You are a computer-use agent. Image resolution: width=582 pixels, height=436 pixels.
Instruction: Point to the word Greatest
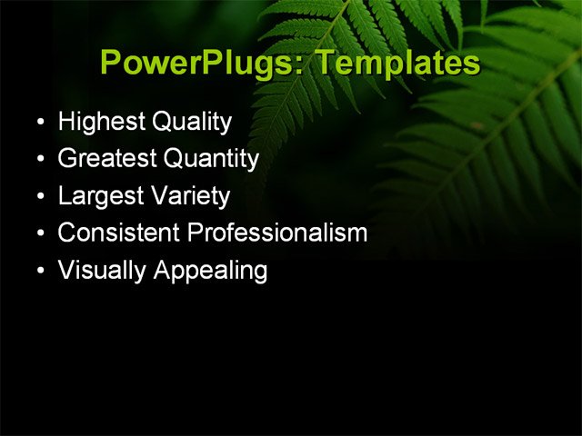click(105, 159)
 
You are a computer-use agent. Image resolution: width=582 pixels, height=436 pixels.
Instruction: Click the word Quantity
click(211, 159)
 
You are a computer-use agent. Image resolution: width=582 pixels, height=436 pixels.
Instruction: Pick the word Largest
click(96, 196)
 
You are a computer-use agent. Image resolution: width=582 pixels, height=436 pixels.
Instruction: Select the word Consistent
click(118, 233)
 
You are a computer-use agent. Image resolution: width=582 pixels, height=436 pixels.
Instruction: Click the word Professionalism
click(277, 233)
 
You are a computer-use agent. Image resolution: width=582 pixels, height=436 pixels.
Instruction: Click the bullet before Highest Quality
click(39, 123)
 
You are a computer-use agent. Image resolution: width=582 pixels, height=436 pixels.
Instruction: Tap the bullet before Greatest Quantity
click(39, 160)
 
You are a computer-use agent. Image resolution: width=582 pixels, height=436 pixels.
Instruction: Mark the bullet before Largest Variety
click(39, 197)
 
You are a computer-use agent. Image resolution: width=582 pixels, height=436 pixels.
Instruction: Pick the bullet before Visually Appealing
click(39, 272)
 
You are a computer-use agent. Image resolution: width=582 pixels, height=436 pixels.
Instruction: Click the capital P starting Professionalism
click(195, 233)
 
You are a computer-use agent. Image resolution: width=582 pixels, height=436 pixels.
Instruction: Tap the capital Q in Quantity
click(174, 159)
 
